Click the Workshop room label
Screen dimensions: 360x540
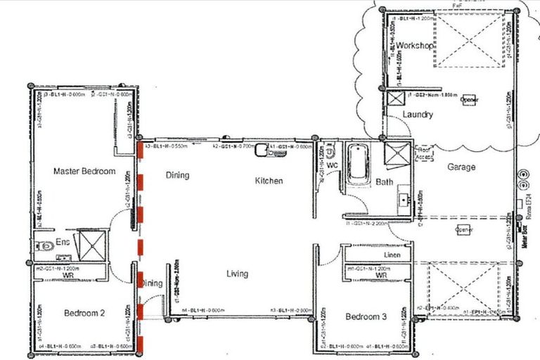point(415,46)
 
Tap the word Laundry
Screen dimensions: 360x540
point(418,115)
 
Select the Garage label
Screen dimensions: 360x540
point(461,167)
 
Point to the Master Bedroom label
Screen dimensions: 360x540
point(84,171)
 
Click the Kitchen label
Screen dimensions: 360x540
point(269,181)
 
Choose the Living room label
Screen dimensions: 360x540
point(237,274)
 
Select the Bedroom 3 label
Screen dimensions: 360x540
point(366,317)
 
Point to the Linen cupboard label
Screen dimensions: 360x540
point(392,255)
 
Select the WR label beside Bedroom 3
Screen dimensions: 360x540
point(380,276)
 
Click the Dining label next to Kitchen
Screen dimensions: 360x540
point(177,175)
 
